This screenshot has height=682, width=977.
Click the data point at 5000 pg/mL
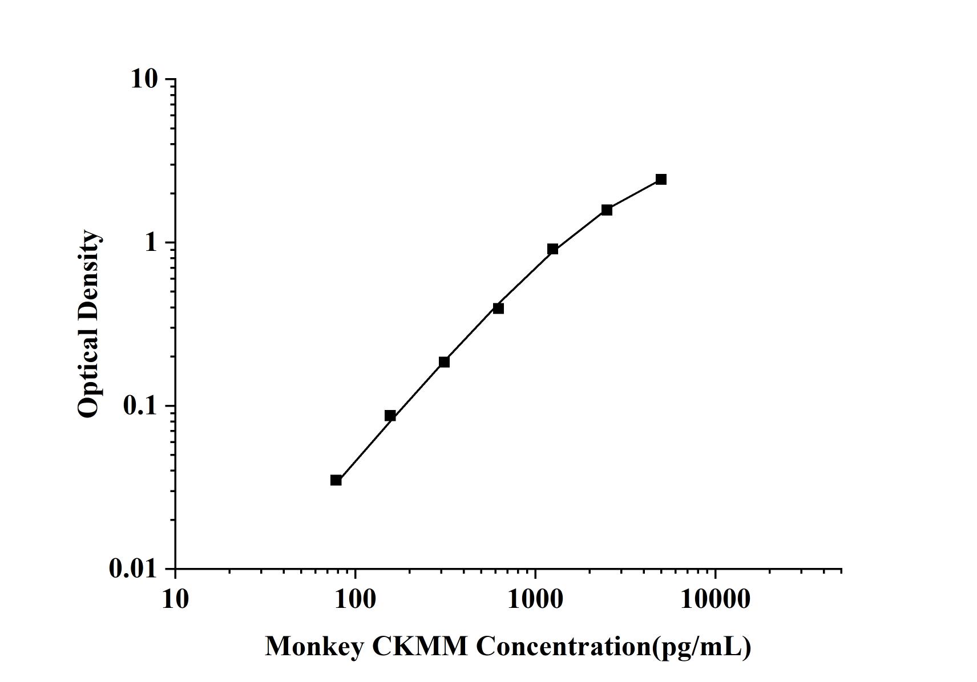tap(661, 180)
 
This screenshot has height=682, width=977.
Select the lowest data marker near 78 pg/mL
tap(336, 480)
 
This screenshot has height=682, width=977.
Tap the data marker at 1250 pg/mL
tap(552, 249)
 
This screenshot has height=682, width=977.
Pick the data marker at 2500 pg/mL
tap(607, 210)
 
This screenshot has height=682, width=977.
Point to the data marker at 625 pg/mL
tap(498, 308)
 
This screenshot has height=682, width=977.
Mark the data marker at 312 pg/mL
tap(444, 362)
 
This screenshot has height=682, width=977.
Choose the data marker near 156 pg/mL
tap(390, 416)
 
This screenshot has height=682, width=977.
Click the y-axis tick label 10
tap(144, 79)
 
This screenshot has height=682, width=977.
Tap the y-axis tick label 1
tap(151, 243)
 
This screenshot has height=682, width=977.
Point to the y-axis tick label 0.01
tap(133, 569)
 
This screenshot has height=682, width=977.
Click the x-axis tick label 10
tap(175, 600)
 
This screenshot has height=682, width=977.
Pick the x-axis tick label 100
tap(355, 600)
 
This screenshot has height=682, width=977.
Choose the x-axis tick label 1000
tap(535, 600)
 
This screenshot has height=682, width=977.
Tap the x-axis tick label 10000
tap(715, 600)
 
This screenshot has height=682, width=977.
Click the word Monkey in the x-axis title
tap(314, 647)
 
